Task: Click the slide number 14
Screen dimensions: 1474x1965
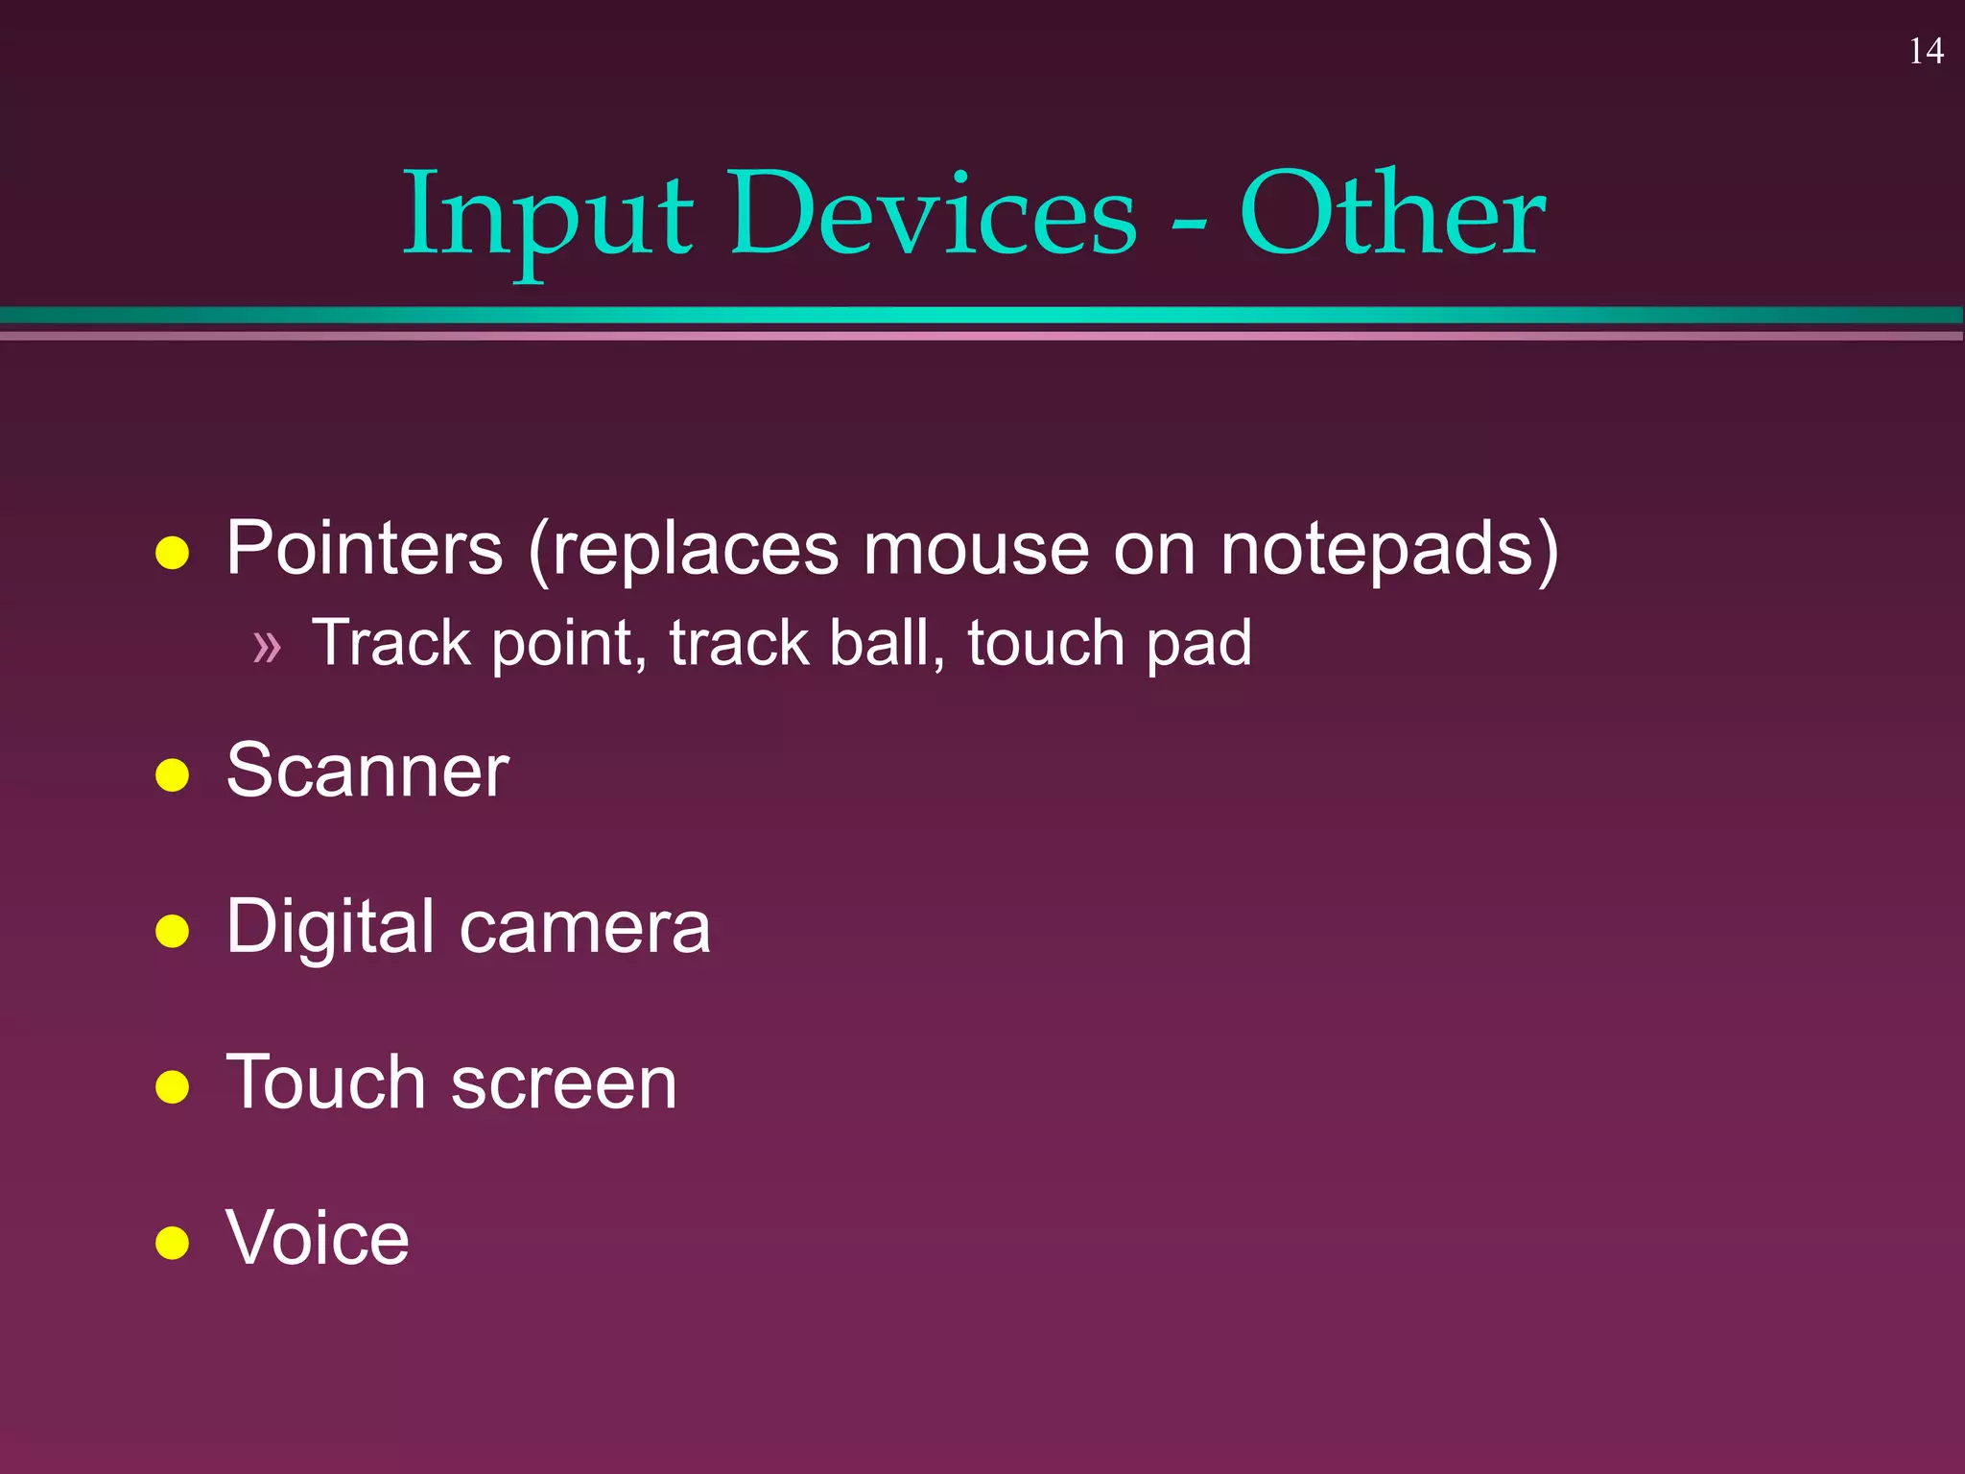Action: click(x=1926, y=51)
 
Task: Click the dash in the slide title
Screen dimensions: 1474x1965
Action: click(x=1188, y=225)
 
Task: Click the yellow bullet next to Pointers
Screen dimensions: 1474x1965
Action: click(x=172, y=553)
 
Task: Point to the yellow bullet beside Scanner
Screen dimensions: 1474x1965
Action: click(x=172, y=774)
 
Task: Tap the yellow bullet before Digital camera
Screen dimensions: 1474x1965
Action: click(x=172, y=931)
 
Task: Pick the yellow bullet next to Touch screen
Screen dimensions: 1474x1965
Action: click(x=172, y=1086)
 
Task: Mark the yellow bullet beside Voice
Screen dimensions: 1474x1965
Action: click(x=172, y=1242)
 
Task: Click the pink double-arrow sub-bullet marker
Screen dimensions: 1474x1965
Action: click(x=267, y=648)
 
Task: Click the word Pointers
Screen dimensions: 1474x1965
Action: click(x=365, y=549)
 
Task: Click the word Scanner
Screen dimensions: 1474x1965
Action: click(x=367, y=771)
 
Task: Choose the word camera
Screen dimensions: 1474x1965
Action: click(x=585, y=928)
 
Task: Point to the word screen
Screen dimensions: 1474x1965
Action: click(x=563, y=1083)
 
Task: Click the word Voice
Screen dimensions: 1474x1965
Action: click(x=318, y=1238)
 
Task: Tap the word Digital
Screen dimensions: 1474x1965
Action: click(x=331, y=928)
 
